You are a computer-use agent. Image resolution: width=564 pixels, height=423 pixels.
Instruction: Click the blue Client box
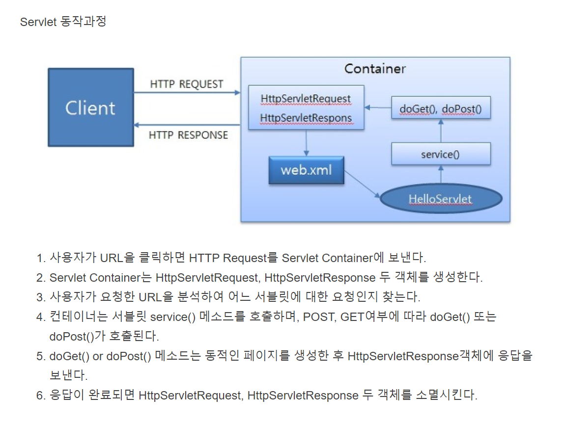(x=90, y=107)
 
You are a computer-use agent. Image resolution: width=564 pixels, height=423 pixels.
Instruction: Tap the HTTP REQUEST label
(x=186, y=84)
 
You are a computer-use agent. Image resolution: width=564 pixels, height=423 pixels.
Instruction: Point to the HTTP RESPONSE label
(x=188, y=134)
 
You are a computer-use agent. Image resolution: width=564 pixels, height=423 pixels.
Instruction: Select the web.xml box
(x=306, y=170)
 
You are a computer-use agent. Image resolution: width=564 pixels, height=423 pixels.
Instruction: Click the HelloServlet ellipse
(x=441, y=199)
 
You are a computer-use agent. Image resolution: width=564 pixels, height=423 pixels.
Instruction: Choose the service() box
(x=441, y=154)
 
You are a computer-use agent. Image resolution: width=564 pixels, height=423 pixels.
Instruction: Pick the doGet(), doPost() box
(x=441, y=108)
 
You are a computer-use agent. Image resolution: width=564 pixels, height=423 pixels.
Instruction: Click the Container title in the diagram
(x=375, y=68)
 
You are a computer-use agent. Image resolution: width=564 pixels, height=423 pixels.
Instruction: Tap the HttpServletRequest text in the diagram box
(x=306, y=99)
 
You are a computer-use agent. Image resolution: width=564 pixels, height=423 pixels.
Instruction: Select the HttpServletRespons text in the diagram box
(x=306, y=118)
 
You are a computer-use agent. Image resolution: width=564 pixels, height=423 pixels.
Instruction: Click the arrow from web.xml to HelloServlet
(x=362, y=184)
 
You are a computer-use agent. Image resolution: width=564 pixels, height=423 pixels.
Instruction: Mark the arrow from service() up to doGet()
(x=441, y=131)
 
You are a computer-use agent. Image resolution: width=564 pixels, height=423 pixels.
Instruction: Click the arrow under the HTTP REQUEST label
(x=187, y=92)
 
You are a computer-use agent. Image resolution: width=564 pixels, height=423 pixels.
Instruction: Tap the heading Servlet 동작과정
(x=63, y=22)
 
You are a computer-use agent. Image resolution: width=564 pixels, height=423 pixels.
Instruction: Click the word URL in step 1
(x=112, y=258)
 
